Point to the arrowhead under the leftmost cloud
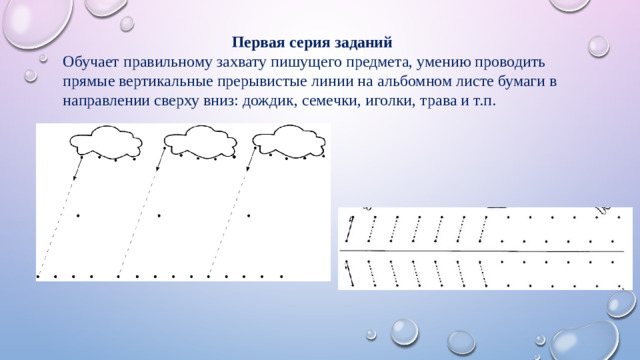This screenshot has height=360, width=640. click(39, 268)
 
